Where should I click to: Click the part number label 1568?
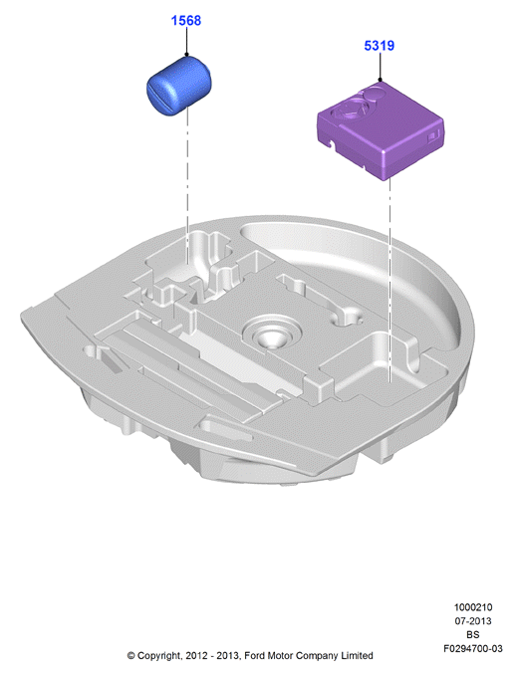186,20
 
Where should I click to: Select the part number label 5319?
380,46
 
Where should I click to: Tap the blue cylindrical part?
179,86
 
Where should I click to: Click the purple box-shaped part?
381,130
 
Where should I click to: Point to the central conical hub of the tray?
271,336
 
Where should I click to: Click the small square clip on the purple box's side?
432,136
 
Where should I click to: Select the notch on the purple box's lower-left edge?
332,142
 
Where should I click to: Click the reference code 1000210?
473,607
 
